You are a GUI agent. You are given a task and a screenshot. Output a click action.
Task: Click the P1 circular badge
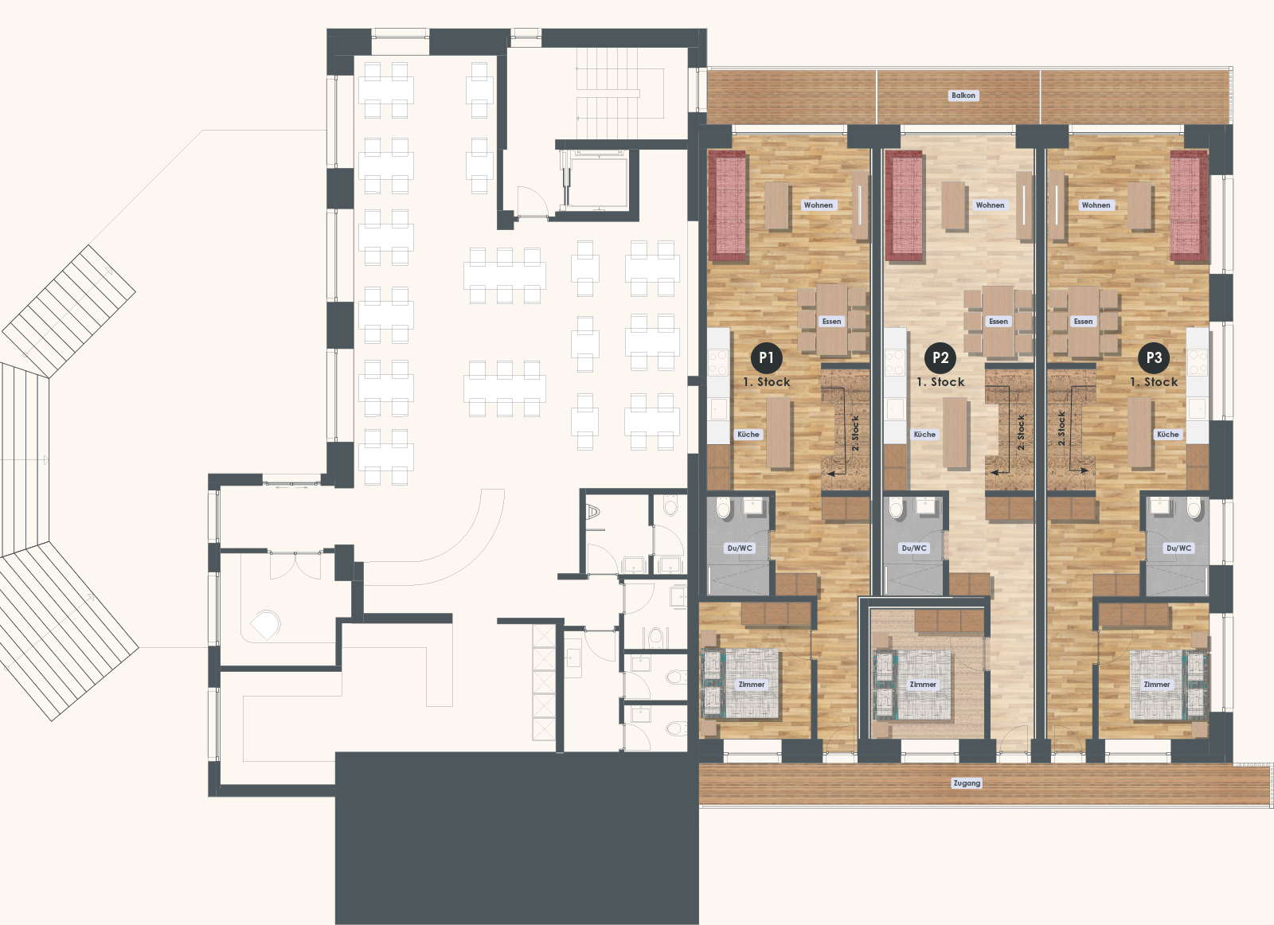click(766, 358)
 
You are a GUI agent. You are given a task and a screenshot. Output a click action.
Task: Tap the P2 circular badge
click(940, 358)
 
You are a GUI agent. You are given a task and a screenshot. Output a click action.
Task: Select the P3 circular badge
click(1154, 358)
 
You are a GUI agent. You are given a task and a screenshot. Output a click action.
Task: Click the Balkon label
click(963, 96)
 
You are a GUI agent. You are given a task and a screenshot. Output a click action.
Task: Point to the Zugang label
click(967, 783)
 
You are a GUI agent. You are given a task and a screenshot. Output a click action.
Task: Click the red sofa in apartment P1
click(727, 206)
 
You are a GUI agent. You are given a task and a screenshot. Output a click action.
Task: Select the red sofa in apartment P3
click(1189, 206)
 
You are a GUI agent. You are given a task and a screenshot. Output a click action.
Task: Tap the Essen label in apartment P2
click(998, 322)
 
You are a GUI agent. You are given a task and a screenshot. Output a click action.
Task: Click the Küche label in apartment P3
click(1167, 435)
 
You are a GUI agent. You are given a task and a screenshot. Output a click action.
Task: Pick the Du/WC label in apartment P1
click(739, 548)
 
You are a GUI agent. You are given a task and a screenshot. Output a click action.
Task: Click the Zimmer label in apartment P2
click(923, 685)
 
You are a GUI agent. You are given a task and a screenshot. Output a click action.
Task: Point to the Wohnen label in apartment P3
click(1096, 205)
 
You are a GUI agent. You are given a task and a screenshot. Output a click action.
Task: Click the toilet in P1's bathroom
click(724, 508)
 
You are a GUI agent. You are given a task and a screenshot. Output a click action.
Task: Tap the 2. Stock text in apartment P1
click(855, 432)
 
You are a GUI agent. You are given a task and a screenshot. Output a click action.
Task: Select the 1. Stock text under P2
click(940, 382)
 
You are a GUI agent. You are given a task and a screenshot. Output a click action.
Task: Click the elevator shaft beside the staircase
click(597, 181)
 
